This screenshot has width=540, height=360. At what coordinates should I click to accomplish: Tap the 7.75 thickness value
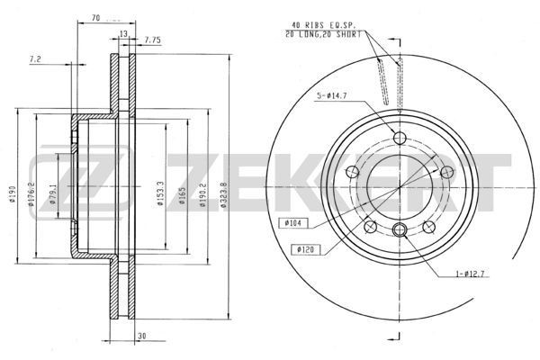click(151, 40)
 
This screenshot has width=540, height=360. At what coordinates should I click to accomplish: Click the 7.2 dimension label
click(35, 58)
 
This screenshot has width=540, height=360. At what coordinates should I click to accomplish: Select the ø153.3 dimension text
click(158, 194)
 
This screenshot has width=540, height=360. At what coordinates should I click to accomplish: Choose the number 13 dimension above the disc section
click(122, 34)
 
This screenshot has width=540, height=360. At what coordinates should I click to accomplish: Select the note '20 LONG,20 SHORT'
click(324, 33)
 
